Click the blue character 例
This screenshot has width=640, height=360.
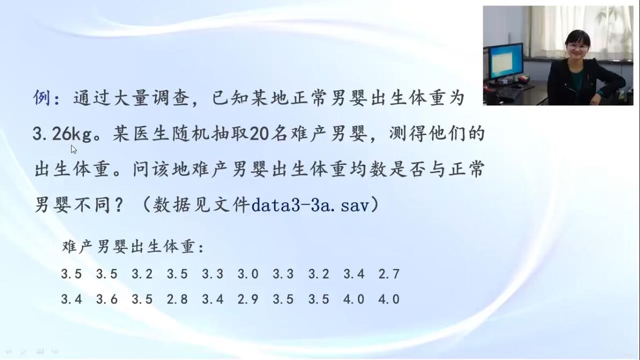(x=41, y=98)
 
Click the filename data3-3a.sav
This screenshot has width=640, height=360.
(x=310, y=204)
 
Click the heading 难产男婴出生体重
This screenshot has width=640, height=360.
(x=128, y=246)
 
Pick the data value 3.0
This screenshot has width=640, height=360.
(x=248, y=274)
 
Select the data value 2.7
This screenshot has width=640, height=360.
(x=389, y=274)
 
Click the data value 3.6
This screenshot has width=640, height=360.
(x=107, y=299)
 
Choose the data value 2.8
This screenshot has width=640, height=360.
(x=177, y=299)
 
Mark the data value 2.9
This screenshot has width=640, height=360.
(x=248, y=299)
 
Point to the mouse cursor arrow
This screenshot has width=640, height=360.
(x=74, y=149)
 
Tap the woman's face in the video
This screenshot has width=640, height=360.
(x=578, y=47)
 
